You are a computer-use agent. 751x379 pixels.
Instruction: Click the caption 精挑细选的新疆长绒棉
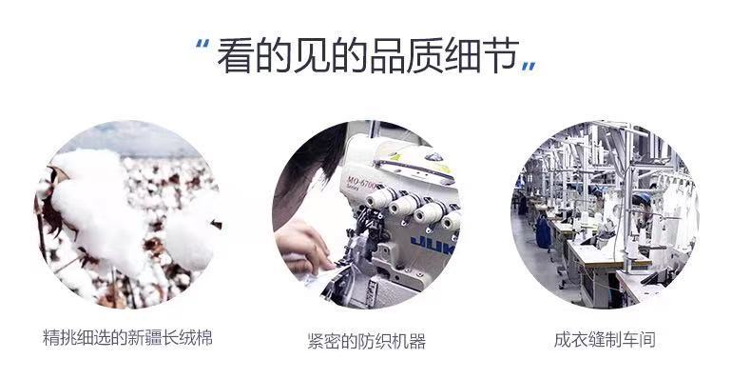(x=127, y=338)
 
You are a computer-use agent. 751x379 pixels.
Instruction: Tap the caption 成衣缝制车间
(x=604, y=339)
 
